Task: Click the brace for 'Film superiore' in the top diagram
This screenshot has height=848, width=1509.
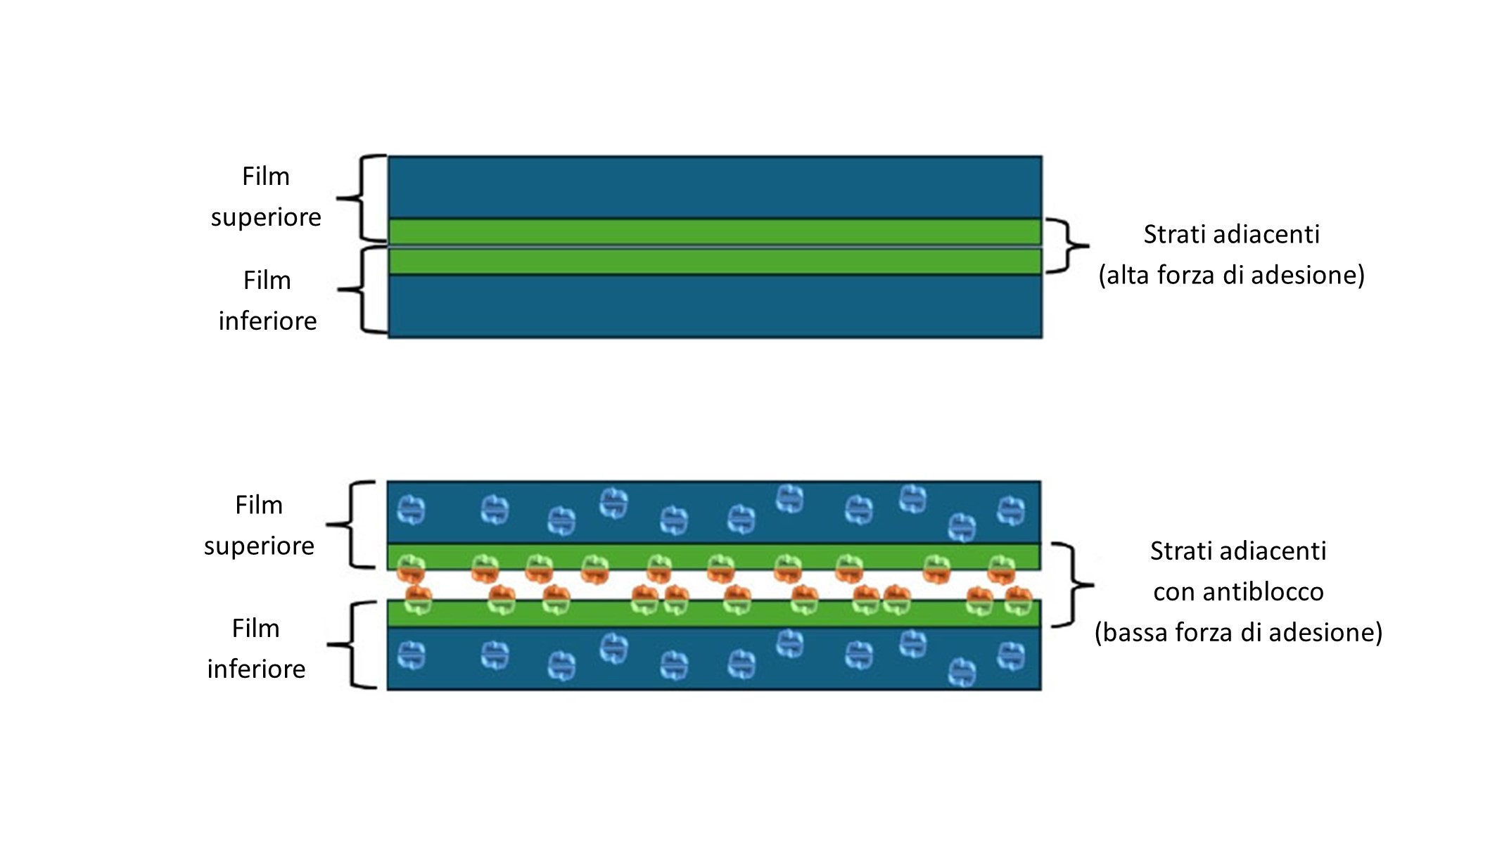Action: pyautogui.click(x=362, y=198)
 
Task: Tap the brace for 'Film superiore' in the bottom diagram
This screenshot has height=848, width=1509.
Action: pyautogui.click(x=350, y=525)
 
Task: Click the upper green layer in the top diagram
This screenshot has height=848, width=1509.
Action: pyautogui.click(x=714, y=231)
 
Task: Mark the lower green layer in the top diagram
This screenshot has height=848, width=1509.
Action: pyautogui.click(x=714, y=261)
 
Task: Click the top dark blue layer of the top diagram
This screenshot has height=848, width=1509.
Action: pyautogui.click(x=714, y=187)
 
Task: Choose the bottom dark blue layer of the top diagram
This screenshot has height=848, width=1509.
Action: pyautogui.click(x=714, y=307)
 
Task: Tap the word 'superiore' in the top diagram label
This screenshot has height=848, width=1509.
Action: pyautogui.click(x=266, y=218)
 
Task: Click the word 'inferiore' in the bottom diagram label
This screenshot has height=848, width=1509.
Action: pyautogui.click(x=256, y=669)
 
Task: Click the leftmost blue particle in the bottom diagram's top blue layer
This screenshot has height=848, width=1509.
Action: pyautogui.click(x=411, y=510)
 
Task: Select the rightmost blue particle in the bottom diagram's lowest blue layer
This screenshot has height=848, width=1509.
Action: pyautogui.click(x=1011, y=657)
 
